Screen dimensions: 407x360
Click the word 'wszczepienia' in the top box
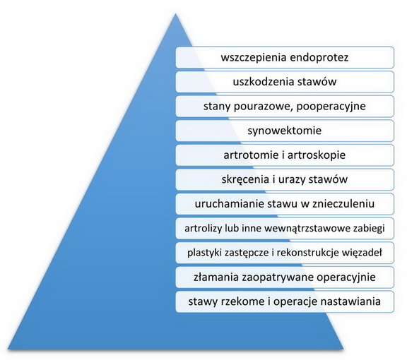[254, 58]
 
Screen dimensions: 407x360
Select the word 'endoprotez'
[319, 57]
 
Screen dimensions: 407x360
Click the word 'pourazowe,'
[264, 107]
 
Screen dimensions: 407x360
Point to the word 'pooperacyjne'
[331, 107]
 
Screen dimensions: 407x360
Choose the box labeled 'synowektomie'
[285, 131]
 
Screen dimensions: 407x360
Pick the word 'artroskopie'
[317, 155]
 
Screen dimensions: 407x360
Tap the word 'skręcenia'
[245, 179]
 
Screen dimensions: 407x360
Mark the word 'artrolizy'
[203, 229]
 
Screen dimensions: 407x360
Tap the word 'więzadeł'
[362, 253]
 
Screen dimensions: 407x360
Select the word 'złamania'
[216, 277]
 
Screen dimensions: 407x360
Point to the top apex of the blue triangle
[176, 13]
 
